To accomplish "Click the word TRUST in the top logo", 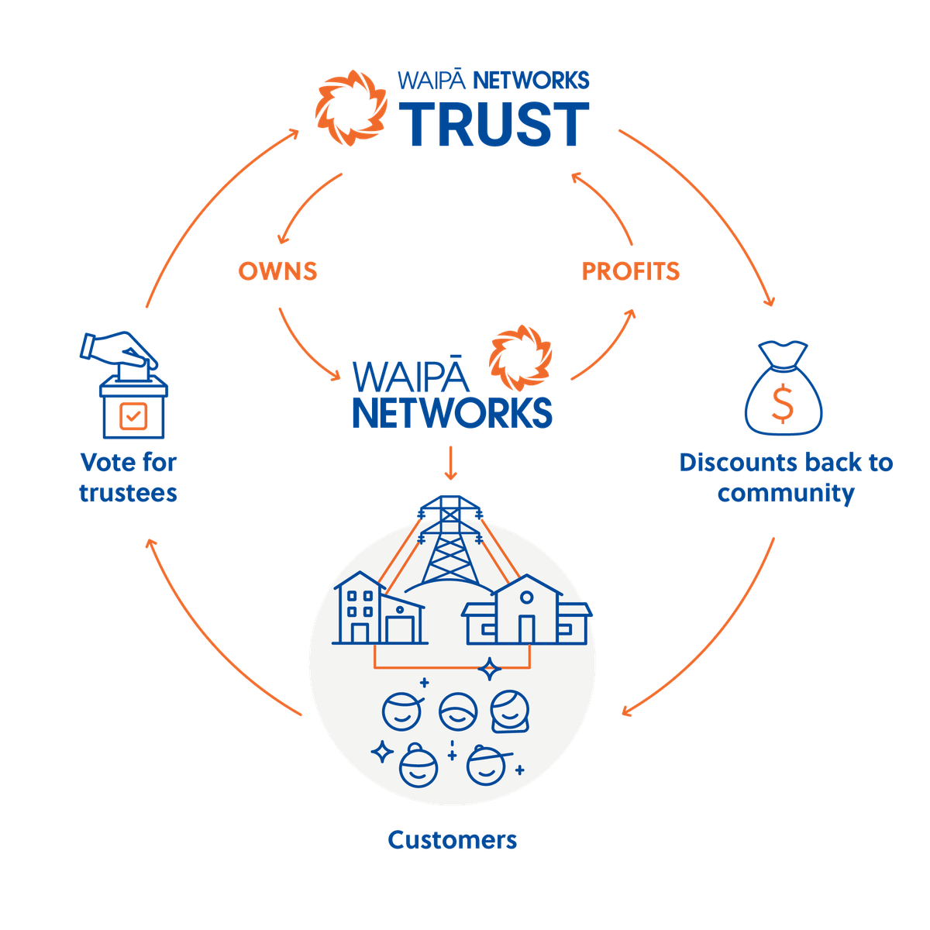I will click(x=494, y=124).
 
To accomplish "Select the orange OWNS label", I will click(x=277, y=270).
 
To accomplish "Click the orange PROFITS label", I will click(x=630, y=270).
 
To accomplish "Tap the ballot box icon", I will click(x=133, y=411).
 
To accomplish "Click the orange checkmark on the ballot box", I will click(x=133, y=418).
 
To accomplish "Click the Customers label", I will click(x=453, y=839).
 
